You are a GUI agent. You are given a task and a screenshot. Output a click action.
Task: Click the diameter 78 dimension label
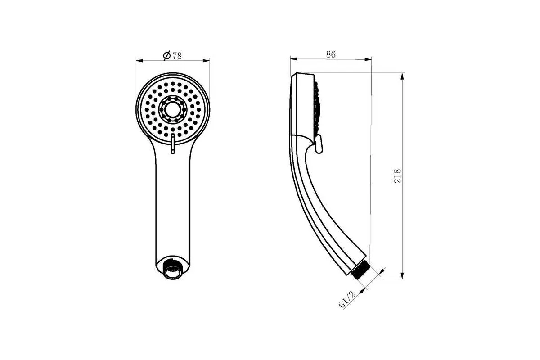(172, 56)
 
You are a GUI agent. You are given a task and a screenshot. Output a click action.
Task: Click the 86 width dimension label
(331, 54)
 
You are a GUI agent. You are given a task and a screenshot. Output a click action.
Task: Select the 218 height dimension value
(397, 176)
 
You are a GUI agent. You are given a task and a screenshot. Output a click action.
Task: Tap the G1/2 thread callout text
(347, 299)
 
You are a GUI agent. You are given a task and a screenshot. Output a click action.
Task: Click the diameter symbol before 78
(167, 56)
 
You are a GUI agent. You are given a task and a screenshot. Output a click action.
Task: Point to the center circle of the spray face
(172, 109)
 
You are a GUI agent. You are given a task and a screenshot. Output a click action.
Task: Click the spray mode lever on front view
(173, 144)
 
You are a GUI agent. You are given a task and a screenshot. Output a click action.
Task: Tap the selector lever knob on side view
(319, 144)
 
